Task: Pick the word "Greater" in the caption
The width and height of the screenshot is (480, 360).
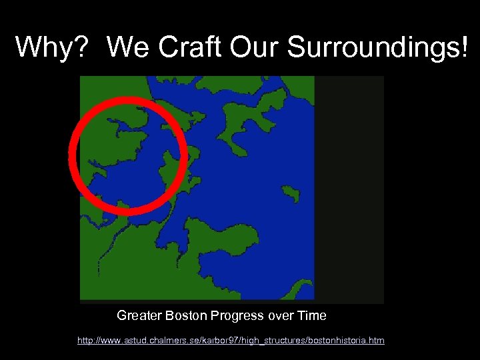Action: click(137, 315)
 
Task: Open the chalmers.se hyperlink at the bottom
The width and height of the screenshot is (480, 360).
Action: click(231, 341)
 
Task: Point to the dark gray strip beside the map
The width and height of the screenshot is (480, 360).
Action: click(349, 189)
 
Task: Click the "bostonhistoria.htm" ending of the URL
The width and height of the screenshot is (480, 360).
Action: click(348, 341)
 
